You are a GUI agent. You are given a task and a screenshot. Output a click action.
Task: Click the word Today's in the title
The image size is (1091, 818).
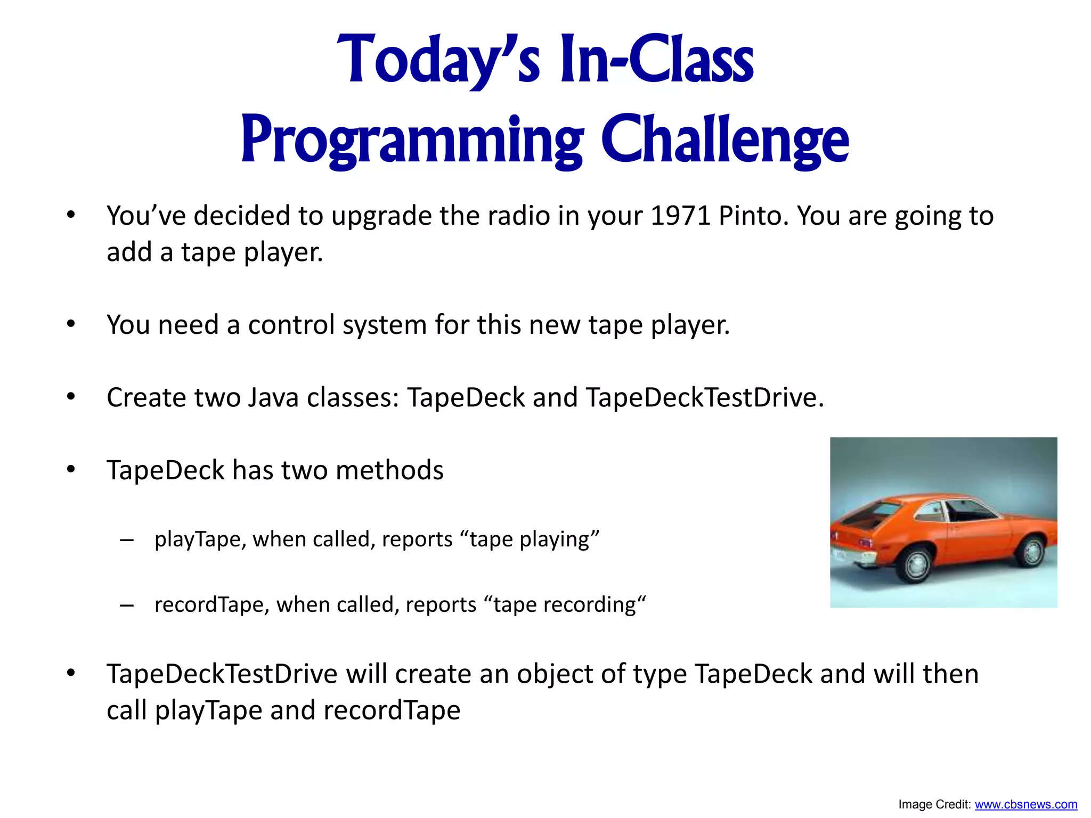pyautogui.click(x=438, y=60)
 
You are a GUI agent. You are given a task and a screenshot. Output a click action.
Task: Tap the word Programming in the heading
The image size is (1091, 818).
pyautogui.click(x=412, y=141)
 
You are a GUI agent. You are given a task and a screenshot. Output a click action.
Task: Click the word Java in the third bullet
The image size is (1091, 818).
pyautogui.click(x=273, y=398)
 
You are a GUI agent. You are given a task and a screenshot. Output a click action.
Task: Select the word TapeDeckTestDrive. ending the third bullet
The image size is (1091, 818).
pyautogui.click(x=704, y=398)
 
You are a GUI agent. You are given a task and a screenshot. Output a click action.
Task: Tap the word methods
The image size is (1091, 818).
pyautogui.click(x=389, y=470)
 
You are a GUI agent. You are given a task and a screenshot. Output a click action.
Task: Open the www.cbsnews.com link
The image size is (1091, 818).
pyautogui.click(x=1025, y=804)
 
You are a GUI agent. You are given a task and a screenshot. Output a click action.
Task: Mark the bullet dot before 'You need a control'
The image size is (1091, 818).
pyautogui.click(x=71, y=324)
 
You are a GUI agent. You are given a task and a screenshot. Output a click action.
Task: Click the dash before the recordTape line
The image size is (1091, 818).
pyautogui.click(x=127, y=606)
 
